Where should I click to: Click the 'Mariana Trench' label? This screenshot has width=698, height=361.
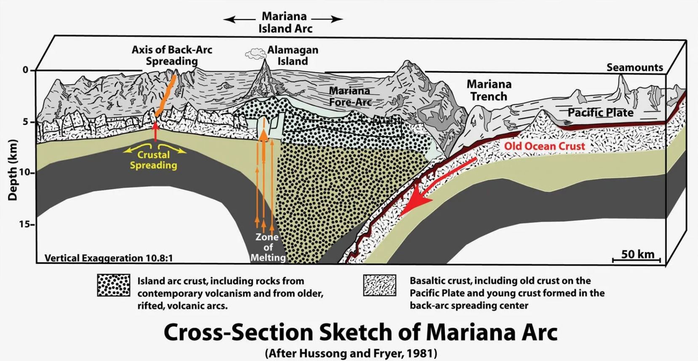click(x=489, y=90)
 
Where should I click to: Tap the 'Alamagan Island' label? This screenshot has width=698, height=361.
click(x=293, y=55)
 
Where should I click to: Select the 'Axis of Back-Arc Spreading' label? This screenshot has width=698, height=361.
click(x=172, y=55)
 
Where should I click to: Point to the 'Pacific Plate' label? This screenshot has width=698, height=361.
click(x=600, y=113)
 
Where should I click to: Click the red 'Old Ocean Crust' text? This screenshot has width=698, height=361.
click(x=545, y=146)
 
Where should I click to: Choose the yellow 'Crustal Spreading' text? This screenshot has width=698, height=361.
click(x=153, y=160)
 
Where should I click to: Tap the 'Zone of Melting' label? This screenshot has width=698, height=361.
click(x=268, y=247)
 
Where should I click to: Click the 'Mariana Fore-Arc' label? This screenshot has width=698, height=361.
click(x=350, y=96)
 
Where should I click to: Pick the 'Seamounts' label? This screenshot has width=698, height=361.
click(x=634, y=67)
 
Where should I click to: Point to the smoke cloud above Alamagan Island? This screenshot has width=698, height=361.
click(x=254, y=53)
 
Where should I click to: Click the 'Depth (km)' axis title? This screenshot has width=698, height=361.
click(x=13, y=170)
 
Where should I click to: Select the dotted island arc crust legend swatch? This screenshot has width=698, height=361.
click(x=114, y=285)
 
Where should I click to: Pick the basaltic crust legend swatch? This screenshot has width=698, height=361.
click(x=380, y=285)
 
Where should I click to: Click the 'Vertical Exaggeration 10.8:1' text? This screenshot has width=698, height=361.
click(x=109, y=258)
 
